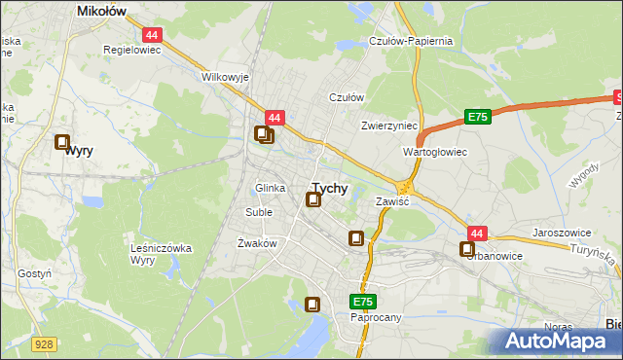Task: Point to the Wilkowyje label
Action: pyautogui.click(x=225, y=77)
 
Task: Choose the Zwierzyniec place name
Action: pyautogui.click(x=388, y=126)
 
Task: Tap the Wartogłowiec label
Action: pyautogui.click(x=435, y=153)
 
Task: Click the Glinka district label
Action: pyautogui.click(x=270, y=189)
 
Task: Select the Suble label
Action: pyautogui.click(x=259, y=212)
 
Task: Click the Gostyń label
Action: pyautogui.click(x=34, y=274)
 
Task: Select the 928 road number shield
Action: pyautogui.click(x=43, y=343)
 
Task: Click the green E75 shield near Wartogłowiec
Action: pyautogui.click(x=476, y=117)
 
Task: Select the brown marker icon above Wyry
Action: pyautogui.click(x=63, y=142)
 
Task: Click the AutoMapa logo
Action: pyautogui.click(x=563, y=342)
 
